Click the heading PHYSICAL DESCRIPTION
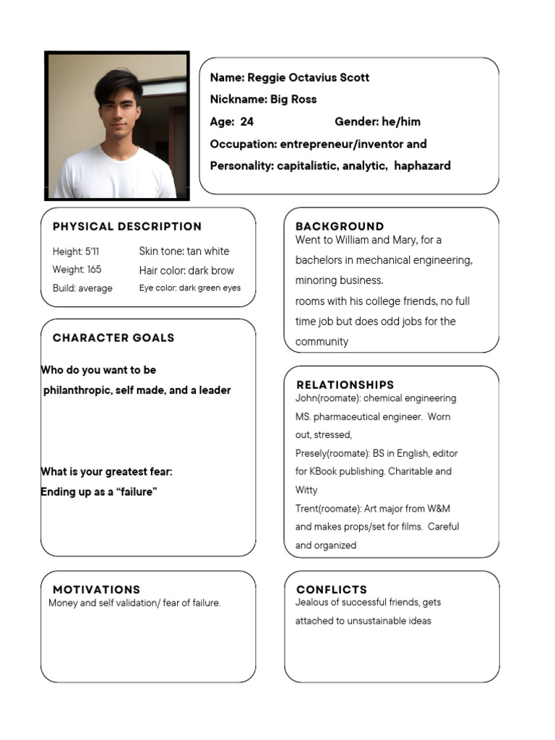click(x=127, y=226)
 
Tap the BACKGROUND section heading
click(x=340, y=226)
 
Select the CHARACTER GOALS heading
click(x=113, y=337)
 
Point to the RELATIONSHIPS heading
click(x=345, y=384)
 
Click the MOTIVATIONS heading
click(x=96, y=590)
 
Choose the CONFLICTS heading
click(x=332, y=590)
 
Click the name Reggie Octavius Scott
click(x=308, y=77)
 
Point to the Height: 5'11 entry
click(x=76, y=252)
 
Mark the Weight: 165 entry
click(x=77, y=270)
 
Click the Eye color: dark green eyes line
click(x=190, y=288)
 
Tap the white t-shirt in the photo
click(x=116, y=177)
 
